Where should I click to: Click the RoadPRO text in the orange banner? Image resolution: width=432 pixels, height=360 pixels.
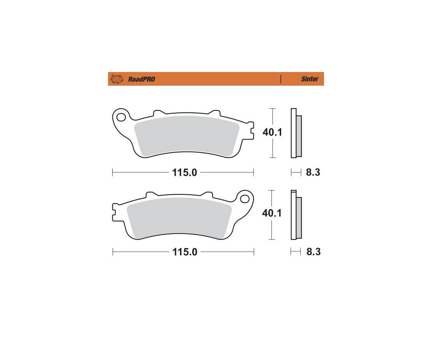(141, 79)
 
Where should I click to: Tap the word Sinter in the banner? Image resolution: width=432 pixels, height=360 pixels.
(310, 79)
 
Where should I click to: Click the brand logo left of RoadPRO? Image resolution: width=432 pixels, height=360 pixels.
(117, 79)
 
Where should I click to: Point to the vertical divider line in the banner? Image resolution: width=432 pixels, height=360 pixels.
(281, 79)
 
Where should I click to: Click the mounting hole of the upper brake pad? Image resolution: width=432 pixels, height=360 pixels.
(121, 117)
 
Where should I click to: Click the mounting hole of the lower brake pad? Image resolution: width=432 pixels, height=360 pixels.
(244, 199)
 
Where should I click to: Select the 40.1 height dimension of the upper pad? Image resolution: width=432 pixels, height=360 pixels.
(272, 132)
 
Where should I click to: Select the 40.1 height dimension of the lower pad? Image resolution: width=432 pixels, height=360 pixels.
(272, 213)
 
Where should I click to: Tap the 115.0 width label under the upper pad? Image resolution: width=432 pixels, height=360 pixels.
(185, 172)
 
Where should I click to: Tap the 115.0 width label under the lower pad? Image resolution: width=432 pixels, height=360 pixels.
(185, 252)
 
